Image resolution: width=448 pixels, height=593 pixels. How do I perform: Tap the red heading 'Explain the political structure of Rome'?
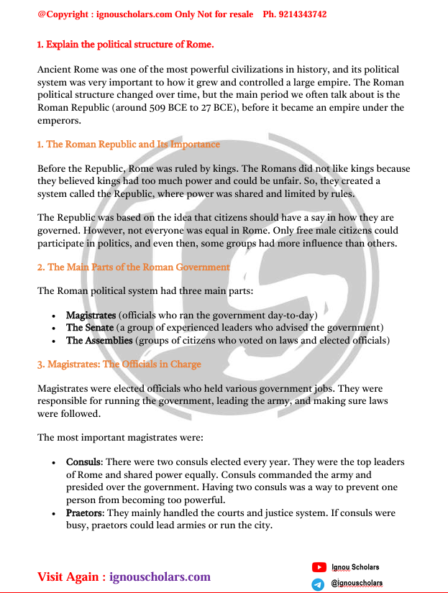click(129, 45)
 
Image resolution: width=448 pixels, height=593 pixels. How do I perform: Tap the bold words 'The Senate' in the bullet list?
click(90, 328)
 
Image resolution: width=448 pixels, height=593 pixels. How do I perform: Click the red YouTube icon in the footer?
click(319, 568)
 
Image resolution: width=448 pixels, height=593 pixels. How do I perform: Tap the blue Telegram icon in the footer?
click(319, 584)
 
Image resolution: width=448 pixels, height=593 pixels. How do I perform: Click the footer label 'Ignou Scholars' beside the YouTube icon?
click(355, 567)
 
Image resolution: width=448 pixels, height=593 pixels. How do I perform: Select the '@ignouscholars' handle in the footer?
click(357, 583)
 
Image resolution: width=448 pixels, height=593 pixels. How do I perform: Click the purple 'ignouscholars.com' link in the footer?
click(160, 576)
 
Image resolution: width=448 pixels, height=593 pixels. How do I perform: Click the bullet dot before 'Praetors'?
click(55, 514)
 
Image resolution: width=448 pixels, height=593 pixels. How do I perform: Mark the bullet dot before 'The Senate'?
click(55, 328)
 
